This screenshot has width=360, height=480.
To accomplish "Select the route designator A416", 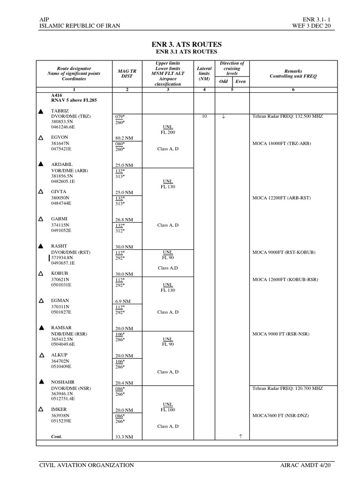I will (x=57, y=95).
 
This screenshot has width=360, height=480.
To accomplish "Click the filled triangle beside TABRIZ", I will (x=41, y=111).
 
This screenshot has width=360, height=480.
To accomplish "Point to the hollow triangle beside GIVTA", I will (x=41, y=192).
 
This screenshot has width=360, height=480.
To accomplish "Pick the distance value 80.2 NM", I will (x=124, y=138).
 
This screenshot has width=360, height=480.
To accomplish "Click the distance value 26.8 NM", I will (x=124, y=219).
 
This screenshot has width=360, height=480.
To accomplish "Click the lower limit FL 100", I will (x=168, y=410).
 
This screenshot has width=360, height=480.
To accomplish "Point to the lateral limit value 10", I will (x=204, y=116).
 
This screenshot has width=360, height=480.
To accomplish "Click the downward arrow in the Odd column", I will (x=224, y=116).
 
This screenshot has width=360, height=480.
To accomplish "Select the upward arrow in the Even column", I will (x=240, y=436).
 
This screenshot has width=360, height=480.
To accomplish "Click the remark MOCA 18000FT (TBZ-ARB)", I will (x=282, y=143).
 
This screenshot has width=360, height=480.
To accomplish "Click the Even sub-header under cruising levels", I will (x=240, y=81).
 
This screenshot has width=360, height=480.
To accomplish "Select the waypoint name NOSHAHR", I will (x=63, y=382).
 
